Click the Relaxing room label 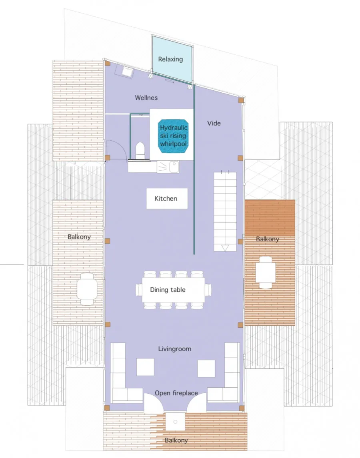[170, 59]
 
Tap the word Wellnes [146, 98]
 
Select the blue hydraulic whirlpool [174, 136]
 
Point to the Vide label [214, 123]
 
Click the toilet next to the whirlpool [140, 150]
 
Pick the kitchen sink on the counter [174, 167]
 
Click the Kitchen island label [166, 199]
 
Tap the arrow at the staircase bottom [224, 248]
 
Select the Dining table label [168, 290]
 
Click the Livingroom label [174, 349]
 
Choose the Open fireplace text [176, 393]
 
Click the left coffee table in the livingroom [145, 367]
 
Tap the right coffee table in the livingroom [206, 368]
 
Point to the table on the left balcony [87, 289]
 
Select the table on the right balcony [266, 273]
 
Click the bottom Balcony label [176, 440]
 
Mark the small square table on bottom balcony [176, 422]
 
